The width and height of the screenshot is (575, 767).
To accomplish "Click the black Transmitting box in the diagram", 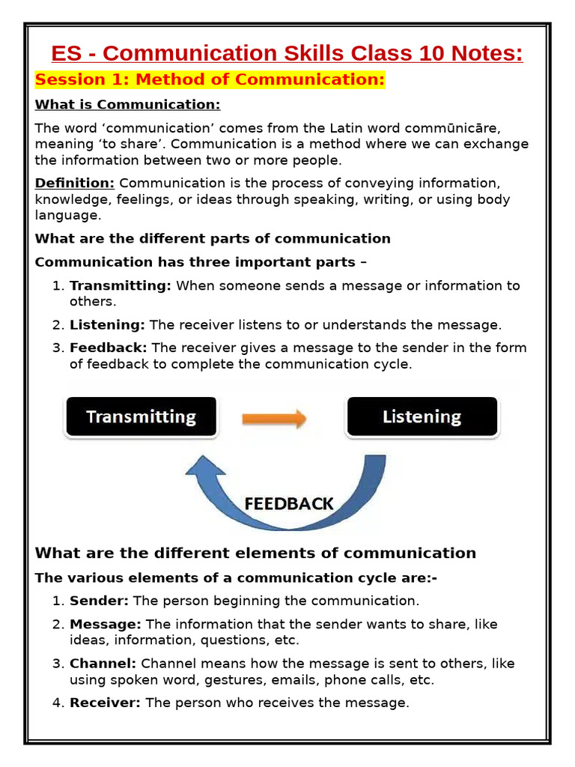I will pos(141,417).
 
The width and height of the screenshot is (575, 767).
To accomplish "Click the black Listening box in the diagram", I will pos(422,417).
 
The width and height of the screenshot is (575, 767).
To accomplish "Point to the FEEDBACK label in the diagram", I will pos(289,503).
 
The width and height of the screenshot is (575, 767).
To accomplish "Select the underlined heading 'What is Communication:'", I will pos(128,104).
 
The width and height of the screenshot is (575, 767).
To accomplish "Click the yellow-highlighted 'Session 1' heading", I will pos(210,79).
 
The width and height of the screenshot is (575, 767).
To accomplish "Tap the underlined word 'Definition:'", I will pos(75,183).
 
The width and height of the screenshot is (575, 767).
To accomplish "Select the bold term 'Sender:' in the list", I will pos(99,601).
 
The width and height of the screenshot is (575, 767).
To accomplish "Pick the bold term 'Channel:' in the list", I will pos(103,664).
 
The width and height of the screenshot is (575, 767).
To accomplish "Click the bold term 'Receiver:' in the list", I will pos(105,703).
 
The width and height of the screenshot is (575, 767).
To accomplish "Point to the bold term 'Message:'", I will pos(105,624).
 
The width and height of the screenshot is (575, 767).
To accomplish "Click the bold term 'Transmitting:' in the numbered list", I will pos(121,285).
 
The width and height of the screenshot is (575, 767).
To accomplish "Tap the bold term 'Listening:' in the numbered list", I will pos(108,324).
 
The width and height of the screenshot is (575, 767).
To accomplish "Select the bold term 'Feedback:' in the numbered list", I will pos(109,348).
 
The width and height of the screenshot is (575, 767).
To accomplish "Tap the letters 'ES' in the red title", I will pos(65,54).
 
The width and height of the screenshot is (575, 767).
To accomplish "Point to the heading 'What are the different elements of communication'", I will pos(255,554).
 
